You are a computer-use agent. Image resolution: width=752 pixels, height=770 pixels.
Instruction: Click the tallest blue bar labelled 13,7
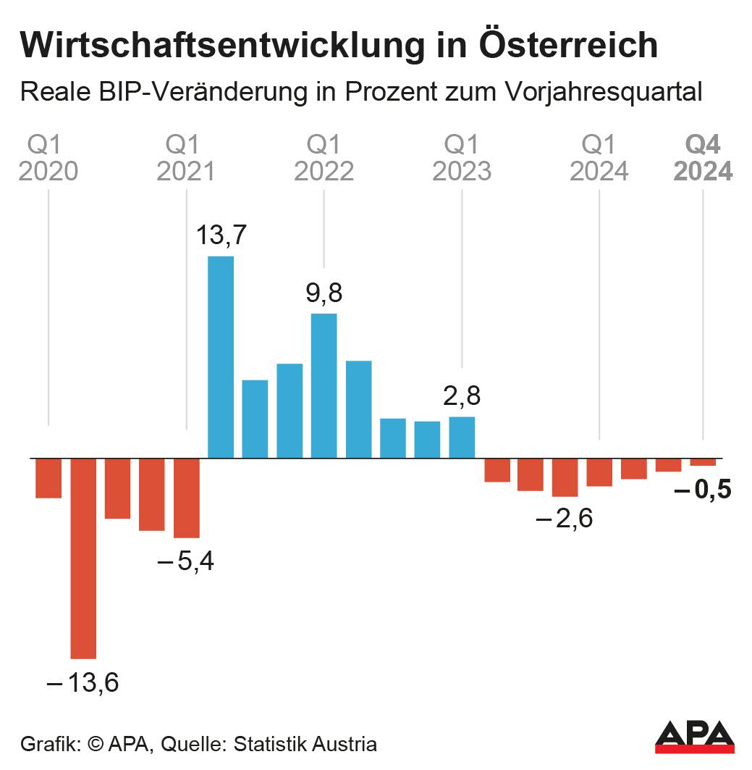pyautogui.click(x=221, y=357)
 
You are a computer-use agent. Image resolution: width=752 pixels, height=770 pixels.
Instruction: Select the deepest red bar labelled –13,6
pyautogui.click(x=83, y=558)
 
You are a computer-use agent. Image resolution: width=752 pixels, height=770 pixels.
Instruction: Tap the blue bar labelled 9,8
pyautogui.click(x=324, y=385)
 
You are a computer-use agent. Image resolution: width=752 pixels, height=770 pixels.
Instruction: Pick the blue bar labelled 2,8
pyautogui.click(x=462, y=438)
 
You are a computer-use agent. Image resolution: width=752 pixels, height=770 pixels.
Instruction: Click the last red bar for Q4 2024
pyautogui.click(x=703, y=462)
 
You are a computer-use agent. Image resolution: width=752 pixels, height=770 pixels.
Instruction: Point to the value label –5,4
pyautogui.click(x=186, y=561)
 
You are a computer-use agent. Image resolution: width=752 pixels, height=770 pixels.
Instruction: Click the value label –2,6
pyautogui.click(x=565, y=519)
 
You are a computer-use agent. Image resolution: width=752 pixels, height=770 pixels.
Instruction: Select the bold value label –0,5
pyautogui.click(x=702, y=491)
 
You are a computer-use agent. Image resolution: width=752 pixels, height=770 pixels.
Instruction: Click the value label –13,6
pyautogui.click(x=83, y=682)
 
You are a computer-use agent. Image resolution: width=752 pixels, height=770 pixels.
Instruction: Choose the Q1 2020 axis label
pyautogui.click(x=48, y=158)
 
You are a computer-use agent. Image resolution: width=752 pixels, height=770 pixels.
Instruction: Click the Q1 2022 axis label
pyautogui.click(x=324, y=158)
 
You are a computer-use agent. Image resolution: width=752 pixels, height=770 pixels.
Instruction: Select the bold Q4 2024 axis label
pyautogui.click(x=703, y=158)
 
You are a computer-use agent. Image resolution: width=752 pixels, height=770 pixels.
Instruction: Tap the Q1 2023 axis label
pyautogui.click(x=462, y=158)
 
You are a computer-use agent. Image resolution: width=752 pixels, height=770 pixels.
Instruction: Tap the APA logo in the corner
pyautogui.click(x=694, y=737)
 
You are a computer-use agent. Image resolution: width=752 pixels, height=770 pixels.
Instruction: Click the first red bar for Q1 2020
pyautogui.click(x=48, y=478)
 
